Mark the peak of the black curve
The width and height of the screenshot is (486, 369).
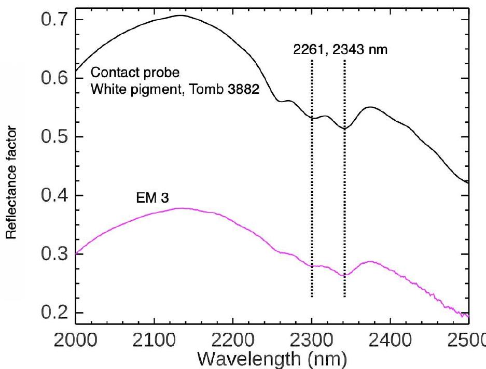pos(180,16)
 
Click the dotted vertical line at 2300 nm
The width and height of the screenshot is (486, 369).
pos(312,207)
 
